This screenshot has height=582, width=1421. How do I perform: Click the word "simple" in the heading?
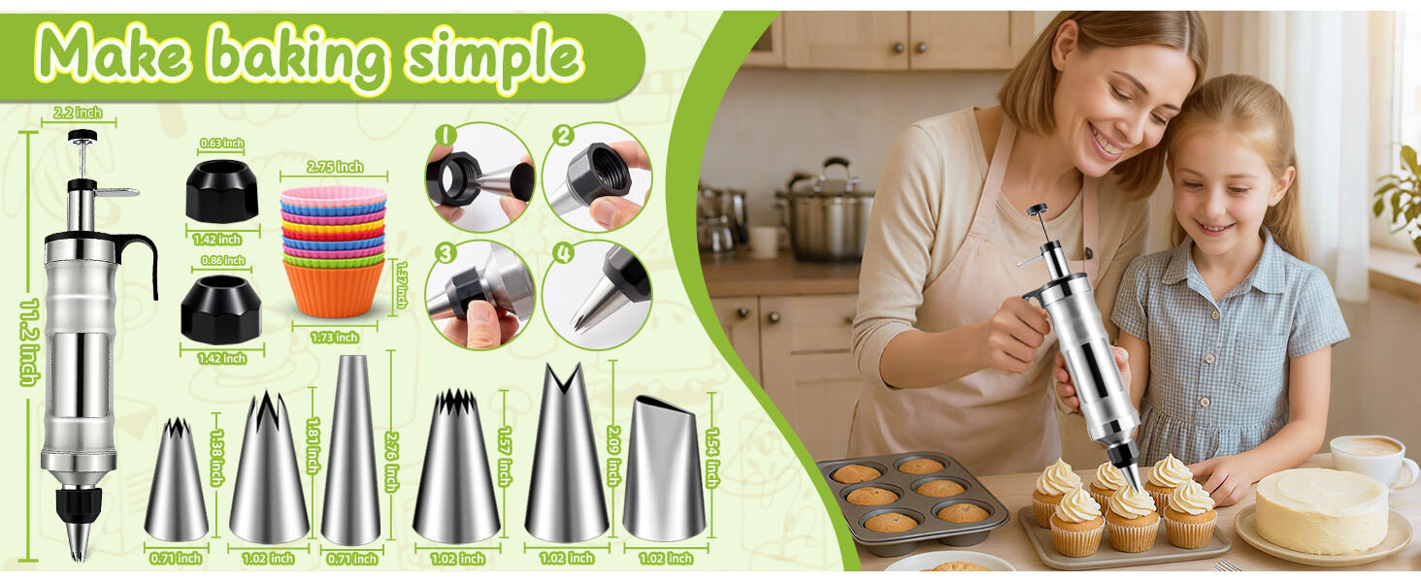click(494, 58)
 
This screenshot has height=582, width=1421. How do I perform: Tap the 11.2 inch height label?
click(30, 341)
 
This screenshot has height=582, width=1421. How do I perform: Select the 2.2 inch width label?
click(78, 113)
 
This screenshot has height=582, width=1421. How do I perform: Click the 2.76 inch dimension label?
click(392, 462)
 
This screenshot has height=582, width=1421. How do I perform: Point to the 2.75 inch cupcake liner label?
click(335, 167)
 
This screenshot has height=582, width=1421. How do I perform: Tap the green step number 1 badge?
click(446, 136)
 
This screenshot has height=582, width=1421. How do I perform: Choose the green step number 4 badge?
click(563, 253)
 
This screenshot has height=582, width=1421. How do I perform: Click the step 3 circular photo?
click(480, 296)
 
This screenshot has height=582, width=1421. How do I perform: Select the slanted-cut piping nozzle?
click(664, 468)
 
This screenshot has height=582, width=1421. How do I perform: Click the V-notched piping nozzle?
click(567, 453)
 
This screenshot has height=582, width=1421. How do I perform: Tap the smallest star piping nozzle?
click(177, 479)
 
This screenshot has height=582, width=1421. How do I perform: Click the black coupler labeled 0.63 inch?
click(222, 191)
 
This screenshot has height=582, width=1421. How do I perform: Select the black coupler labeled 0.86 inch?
click(221, 309)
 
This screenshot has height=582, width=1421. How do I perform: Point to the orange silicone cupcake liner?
click(334, 287)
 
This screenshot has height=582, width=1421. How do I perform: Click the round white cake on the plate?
click(1321, 510)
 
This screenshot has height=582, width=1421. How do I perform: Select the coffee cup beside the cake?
click(1373, 458)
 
